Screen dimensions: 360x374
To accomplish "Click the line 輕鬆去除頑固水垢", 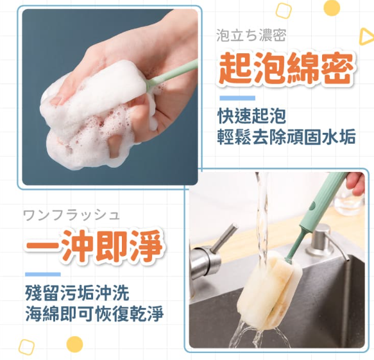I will click(286, 137).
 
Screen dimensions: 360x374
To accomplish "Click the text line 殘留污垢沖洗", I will click(77, 295).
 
